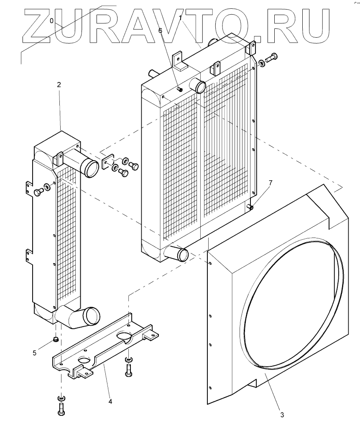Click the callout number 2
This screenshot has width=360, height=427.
coord(59,85)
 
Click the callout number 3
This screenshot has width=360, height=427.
coord(282,415)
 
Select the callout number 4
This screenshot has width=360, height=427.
coord(110,401)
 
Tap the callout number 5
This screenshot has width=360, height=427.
coord(35,353)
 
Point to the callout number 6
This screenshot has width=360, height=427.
coord(160,30)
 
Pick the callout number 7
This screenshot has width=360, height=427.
coord(271,183)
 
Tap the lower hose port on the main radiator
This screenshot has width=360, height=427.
coord(177,253)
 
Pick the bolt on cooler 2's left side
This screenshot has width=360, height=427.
coord(38,192)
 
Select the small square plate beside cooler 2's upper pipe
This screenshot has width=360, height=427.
coord(108,161)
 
